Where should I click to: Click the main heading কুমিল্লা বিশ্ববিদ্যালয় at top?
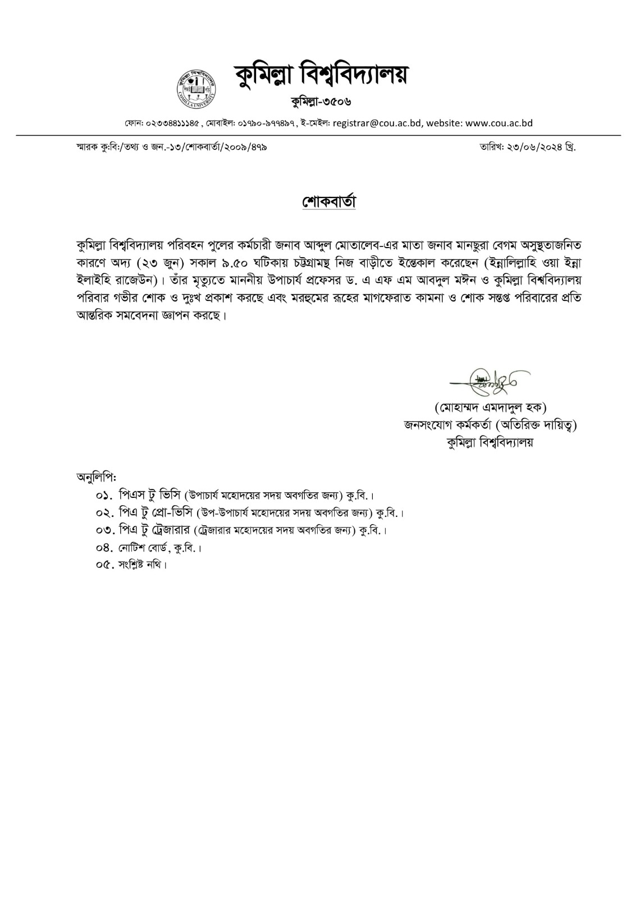[x=321, y=76]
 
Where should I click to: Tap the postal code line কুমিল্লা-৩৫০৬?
[x=321, y=102]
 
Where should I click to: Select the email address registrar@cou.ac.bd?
[x=377, y=123]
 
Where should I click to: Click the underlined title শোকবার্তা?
[x=329, y=203]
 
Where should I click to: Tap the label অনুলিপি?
[x=95, y=478]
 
